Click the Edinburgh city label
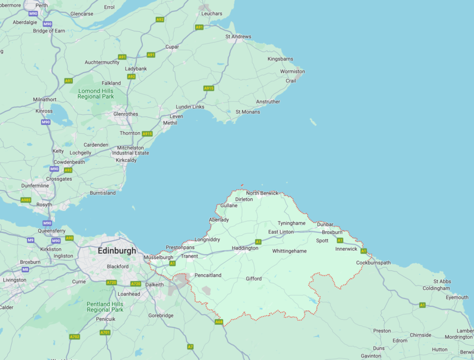coord(117,251)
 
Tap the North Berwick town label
coord(262,193)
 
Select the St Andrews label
coord(238,36)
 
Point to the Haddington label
coord(245,248)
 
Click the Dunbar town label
coord(325,225)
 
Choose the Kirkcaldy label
coord(126,160)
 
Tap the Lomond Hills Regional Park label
coord(96,93)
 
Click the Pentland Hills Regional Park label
coord(105,307)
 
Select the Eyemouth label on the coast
coord(457,297)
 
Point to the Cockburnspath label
coord(373,263)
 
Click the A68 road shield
coord(219,322)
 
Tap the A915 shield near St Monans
coord(208,88)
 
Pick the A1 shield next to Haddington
coord(258,242)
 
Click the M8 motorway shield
coord(25,269)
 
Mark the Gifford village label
coord(253,278)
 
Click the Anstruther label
coord(268,102)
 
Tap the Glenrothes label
coord(126,114)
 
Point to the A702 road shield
coord(75,336)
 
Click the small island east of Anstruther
coord(313,121)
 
